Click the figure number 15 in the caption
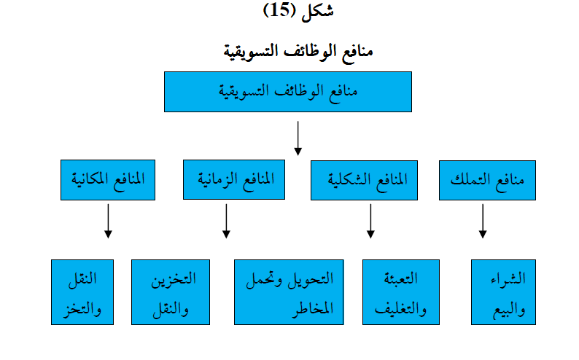coord(279,10)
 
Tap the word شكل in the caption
coord(317,10)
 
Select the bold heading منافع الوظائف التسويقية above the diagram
coord(298,52)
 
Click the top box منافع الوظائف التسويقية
coord(288,92)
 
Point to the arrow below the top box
coord(298,138)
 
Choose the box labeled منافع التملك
coord(487,181)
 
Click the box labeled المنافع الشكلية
coord(364,181)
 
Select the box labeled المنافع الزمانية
coord(234,179)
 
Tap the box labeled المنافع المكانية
coord(108,180)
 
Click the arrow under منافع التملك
coord(483,221)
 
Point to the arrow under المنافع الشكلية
coord(370,221)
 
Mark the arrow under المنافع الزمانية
coord(226,221)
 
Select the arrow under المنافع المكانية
coord(108,221)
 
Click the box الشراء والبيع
coord(503,292)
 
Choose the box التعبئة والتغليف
coord(401,292)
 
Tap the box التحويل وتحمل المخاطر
coord(289,292)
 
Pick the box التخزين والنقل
coord(171,292)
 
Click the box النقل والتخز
coord(82,292)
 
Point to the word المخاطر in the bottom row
coord(313,308)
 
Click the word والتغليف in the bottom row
coord(400,308)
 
